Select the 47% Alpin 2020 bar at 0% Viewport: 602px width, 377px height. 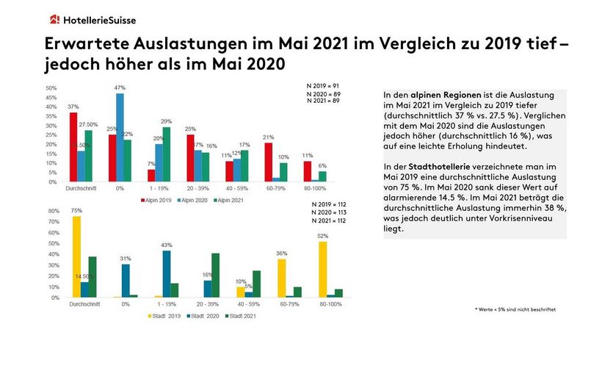[120, 137]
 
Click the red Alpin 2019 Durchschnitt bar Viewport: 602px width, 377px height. [73, 147]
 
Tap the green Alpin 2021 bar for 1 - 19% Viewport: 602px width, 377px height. [167, 154]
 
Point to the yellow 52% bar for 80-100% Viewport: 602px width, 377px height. [322, 270]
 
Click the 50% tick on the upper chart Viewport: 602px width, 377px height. [52, 88]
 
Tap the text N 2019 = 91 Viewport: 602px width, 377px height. [322, 87]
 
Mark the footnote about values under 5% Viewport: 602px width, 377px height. [515, 310]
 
